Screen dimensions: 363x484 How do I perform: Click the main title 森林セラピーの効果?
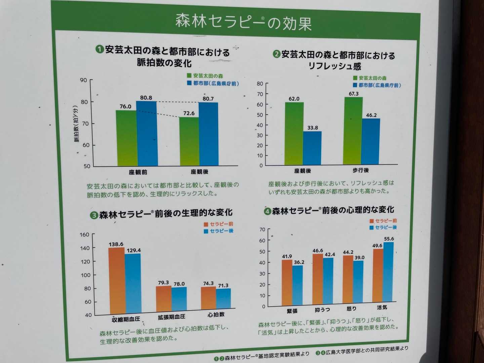(243, 22)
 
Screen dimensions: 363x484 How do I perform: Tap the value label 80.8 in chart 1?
(146, 98)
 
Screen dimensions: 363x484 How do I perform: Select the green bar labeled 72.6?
(189, 141)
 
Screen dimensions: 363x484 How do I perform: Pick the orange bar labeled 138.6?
(117, 281)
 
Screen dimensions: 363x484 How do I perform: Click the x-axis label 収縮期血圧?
(126, 319)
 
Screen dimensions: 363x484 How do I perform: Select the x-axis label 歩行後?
(361, 170)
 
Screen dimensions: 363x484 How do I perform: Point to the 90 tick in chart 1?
(83, 80)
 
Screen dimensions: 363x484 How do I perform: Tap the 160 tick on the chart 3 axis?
(84, 235)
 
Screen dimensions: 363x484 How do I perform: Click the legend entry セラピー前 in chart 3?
(221, 224)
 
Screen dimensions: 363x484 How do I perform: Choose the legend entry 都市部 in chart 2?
(379, 85)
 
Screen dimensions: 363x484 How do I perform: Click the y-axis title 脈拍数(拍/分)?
(76, 124)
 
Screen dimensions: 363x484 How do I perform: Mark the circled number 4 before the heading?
(267, 211)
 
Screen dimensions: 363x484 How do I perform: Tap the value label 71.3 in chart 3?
(223, 286)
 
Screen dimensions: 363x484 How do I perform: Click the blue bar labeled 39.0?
(358, 281)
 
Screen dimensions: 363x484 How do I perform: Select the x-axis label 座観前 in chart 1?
(138, 172)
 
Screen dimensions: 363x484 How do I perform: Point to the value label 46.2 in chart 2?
(371, 115)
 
